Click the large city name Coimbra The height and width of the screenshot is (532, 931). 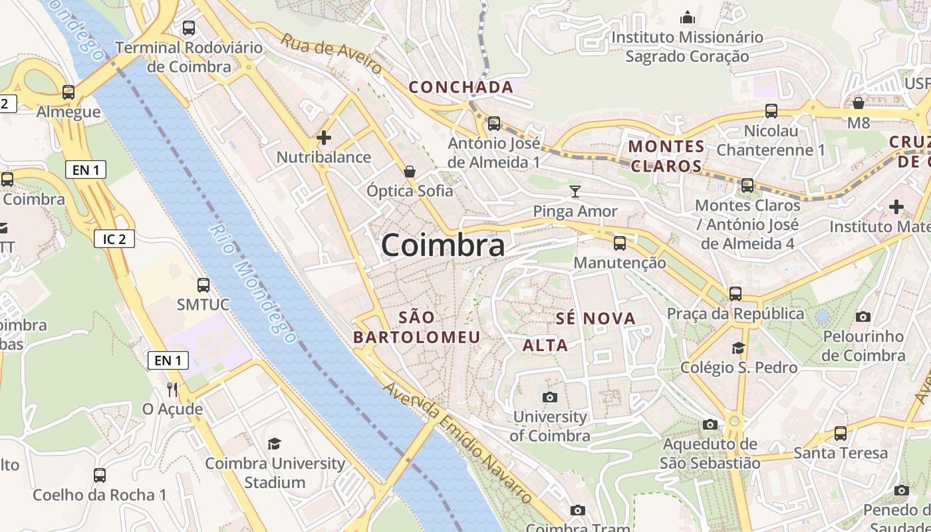pos(443,245)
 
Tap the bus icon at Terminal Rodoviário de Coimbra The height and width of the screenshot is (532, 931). pos(189,28)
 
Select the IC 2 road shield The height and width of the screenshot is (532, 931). pos(114,239)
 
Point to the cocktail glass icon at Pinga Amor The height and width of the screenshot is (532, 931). pos(575,192)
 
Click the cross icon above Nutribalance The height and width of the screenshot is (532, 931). pos(324,138)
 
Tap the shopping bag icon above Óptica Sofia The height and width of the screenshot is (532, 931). pos(410,172)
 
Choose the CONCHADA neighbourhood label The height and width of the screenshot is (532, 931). pos(461,87)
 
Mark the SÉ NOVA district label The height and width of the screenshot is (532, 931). pos(596,319)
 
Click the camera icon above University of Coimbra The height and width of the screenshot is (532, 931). pos(550,398)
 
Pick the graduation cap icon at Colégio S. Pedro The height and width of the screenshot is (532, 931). pos(738,348)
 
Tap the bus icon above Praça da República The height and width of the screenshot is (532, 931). pos(735,293)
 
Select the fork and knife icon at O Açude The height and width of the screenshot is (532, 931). pos(172,389)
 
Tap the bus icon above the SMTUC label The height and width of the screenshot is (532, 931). pos(203,285)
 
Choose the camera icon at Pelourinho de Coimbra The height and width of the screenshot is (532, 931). pos(863,317)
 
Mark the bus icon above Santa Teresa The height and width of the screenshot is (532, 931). pos(841,434)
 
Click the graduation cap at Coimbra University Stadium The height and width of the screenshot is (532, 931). pos(274,444)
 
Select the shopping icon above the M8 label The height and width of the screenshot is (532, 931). pos(859,103)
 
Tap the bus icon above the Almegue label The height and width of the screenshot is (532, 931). pos(68,92)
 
